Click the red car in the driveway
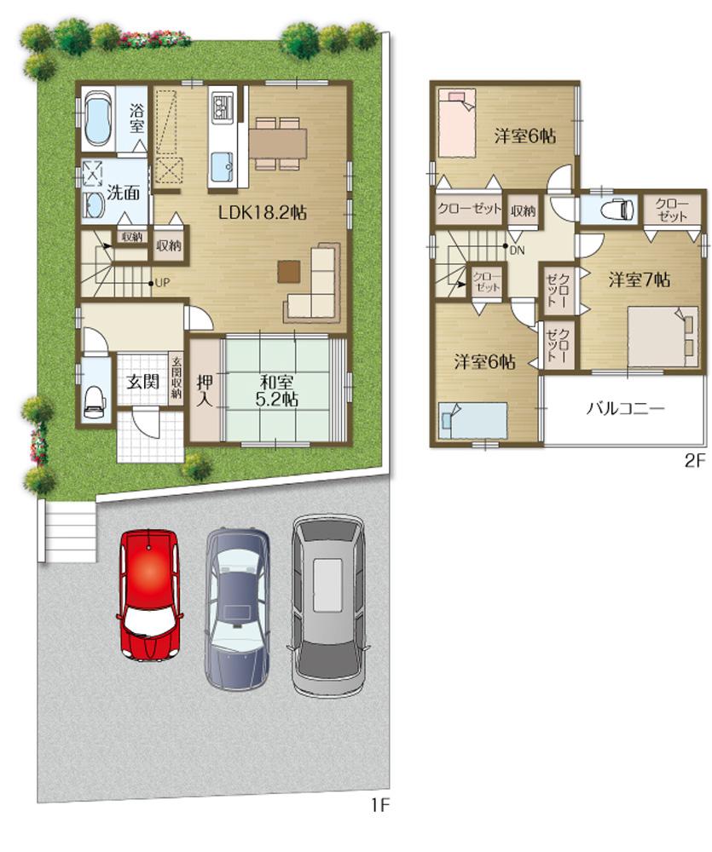click(x=149, y=594)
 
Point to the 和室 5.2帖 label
click(x=278, y=389)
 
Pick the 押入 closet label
click(x=205, y=389)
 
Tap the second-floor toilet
click(x=616, y=210)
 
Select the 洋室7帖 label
click(x=638, y=279)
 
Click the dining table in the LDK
click(x=278, y=138)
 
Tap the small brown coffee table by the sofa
click(x=288, y=270)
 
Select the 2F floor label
click(x=695, y=462)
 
